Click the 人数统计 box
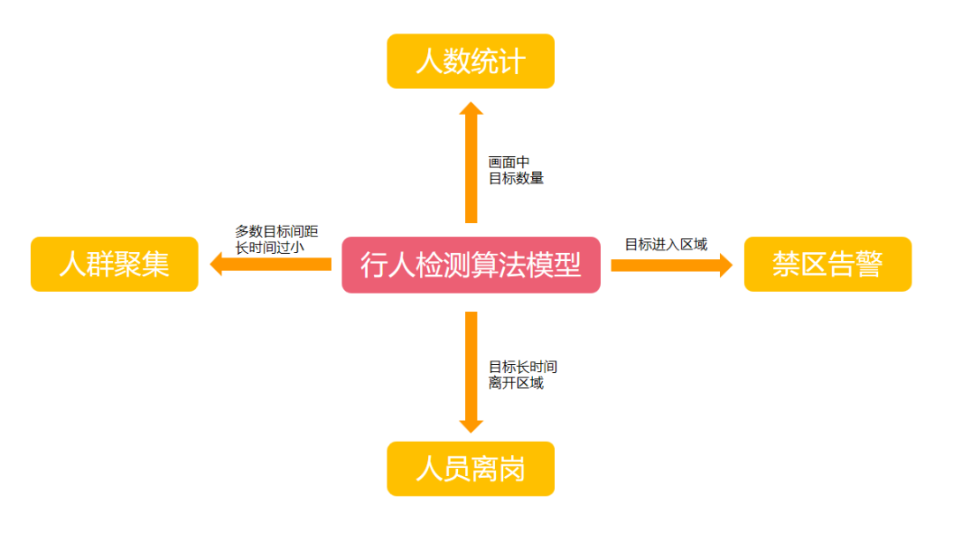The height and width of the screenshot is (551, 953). click(x=470, y=62)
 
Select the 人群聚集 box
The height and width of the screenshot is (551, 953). click(x=115, y=264)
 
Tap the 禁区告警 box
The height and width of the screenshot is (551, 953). click(x=827, y=264)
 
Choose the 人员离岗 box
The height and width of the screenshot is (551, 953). click(x=470, y=469)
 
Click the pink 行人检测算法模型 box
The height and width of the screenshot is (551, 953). click(x=470, y=264)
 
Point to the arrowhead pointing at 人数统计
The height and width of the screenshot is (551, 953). click(x=471, y=109)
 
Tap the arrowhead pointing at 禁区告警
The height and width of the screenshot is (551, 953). click(x=725, y=264)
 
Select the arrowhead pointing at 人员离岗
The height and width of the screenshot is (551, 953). click(x=471, y=425)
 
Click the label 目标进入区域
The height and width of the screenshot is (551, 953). click(x=666, y=244)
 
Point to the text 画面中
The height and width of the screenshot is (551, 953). click(x=509, y=162)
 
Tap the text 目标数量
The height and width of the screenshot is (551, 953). click(x=516, y=178)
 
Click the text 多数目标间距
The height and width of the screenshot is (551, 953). click(x=276, y=232)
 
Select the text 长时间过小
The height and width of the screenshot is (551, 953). click(x=269, y=248)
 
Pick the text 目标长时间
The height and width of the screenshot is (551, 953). click(x=523, y=367)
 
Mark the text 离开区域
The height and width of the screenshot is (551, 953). click(x=516, y=383)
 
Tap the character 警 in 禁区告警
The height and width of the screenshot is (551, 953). click(x=868, y=264)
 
